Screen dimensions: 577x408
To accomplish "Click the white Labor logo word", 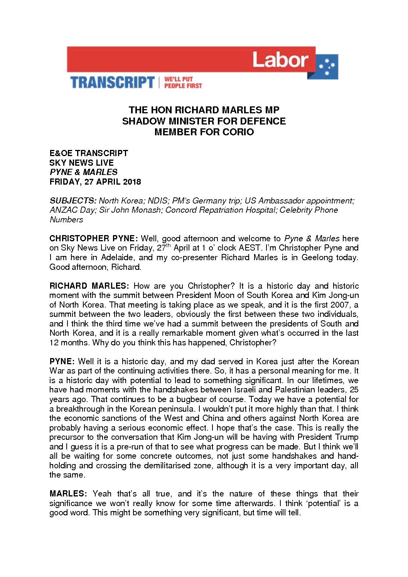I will (280, 60).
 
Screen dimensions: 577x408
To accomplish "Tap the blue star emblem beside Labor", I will (327, 67).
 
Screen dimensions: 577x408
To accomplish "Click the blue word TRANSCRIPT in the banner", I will (112, 82).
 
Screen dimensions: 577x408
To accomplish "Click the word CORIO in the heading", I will (238, 132).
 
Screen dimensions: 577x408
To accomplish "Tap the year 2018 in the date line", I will (132, 182).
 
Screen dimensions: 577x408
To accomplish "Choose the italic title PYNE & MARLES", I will (83, 172).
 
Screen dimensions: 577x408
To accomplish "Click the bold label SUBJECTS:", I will (73, 200).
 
